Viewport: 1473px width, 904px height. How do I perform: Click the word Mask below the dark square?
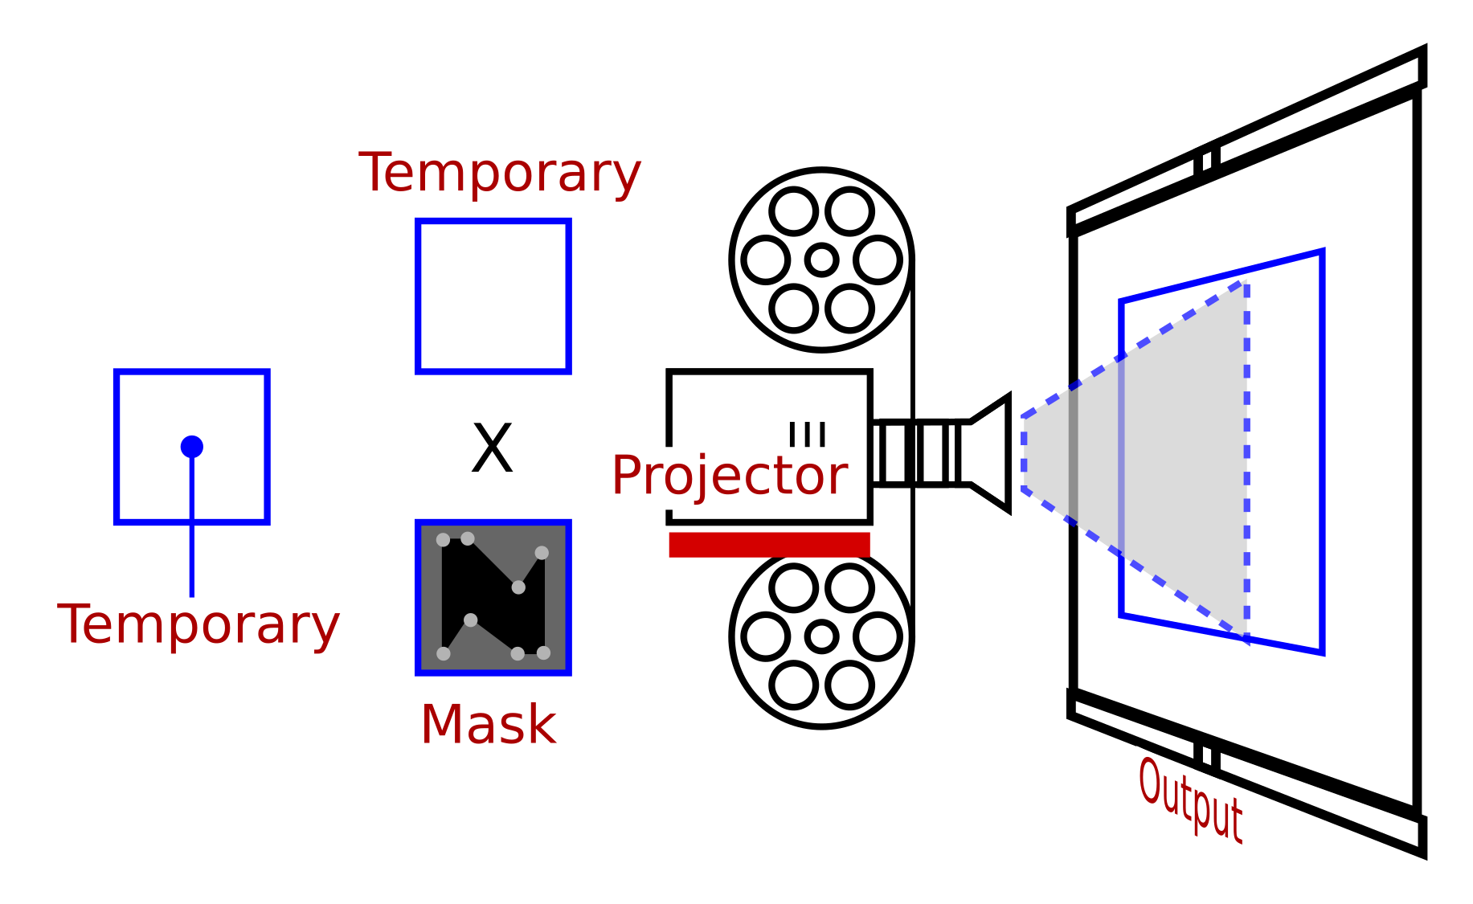(x=488, y=725)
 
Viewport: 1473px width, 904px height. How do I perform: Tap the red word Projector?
(x=729, y=475)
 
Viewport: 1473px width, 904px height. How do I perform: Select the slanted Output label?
(x=1190, y=800)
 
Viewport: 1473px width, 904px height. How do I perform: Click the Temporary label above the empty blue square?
(x=499, y=173)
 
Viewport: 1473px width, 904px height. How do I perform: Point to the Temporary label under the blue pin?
(x=198, y=624)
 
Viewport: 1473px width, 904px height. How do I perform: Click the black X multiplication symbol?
(x=492, y=448)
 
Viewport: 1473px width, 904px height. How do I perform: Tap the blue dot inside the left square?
(x=192, y=447)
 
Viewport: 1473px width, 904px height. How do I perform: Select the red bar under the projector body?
(x=769, y=544)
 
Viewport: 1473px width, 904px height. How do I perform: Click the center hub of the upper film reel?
(x=821, y=260)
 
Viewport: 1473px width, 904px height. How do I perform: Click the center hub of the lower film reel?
(x=821, y=636)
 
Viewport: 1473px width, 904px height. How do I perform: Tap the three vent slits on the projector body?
(x=808, y=434)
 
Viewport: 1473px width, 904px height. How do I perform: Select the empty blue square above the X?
(x=493, y=297)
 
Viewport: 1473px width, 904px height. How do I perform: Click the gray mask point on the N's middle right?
(x=518, y=587)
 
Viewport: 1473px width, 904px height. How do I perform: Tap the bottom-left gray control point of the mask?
(x=443, y=653)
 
